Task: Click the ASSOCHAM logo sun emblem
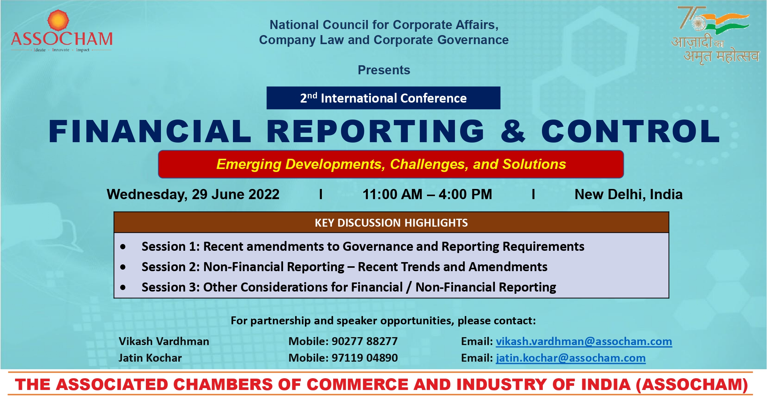click(x=58, y=20)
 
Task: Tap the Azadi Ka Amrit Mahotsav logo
click(x=715, y=35)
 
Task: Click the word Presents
click(x=384, y=70)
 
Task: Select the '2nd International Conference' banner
click(x=383, y=98)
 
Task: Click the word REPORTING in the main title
click(x=375, y=131)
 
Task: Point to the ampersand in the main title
click(x=513, y=131)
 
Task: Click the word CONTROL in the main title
click(x=630, y=131)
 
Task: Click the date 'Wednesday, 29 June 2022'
click(x=193, y=195)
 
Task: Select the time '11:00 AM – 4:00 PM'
click(x=427, y=195)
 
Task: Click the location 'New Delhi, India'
click(x=628, y=195)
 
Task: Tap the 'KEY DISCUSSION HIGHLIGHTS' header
click(x=391, y=223)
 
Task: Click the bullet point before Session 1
click(x=123, y=247)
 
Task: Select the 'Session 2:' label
click(x=170, y=267)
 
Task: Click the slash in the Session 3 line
click(x=409, y=287)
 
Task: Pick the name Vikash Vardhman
click(x=164, y=341)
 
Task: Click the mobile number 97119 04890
click(x=364, y=358)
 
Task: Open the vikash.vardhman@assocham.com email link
click(x=584, y=342)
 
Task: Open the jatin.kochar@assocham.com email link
click(x=571, y=358)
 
